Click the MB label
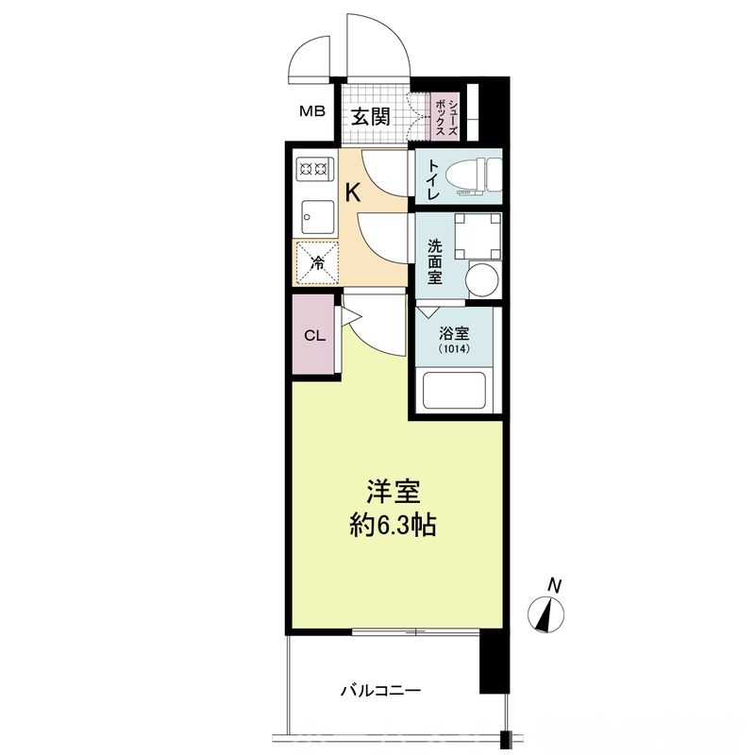(x=312, y=112)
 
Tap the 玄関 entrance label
(x=371, y=117)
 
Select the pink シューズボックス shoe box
(x=444, y=115)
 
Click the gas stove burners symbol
(x=312, y=170)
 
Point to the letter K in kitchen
(x=353, y=193)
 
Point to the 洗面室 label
(x=434, y=261)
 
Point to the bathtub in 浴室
(x=456, y=391)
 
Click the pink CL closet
(x=313, y=335)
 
